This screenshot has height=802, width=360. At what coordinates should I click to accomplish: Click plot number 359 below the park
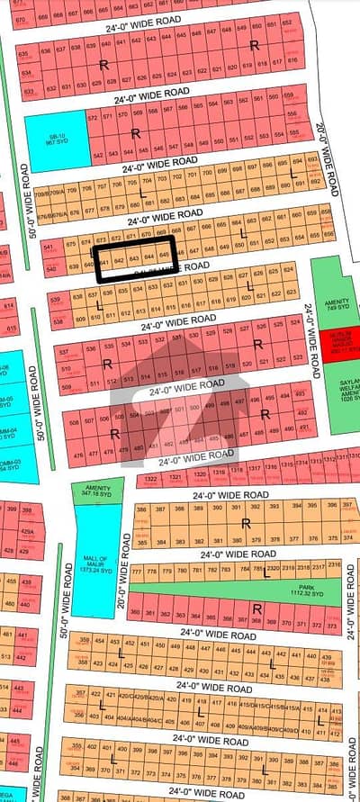pyautogui.click(x=85, y=640)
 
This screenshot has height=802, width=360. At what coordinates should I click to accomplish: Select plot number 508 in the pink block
pyautogui.click(x=63, y=419)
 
